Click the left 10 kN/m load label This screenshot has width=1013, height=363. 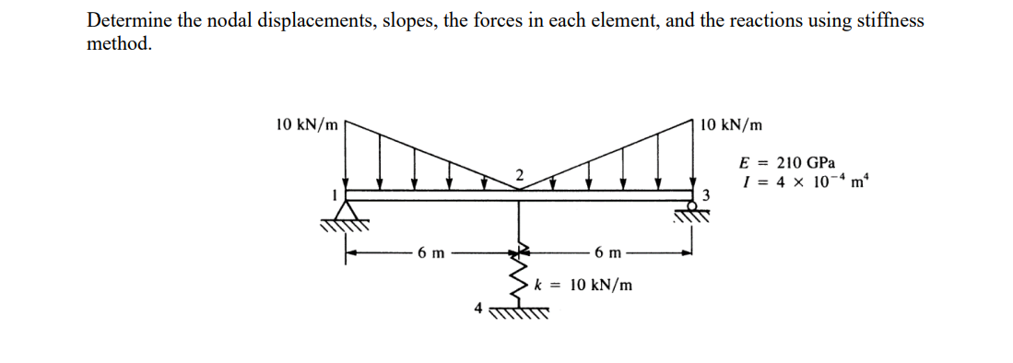click(307, 123)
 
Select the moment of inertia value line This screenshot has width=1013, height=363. click(799, 181)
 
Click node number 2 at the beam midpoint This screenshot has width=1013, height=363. click(519, 175)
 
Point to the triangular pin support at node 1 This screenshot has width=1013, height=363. click(346, 212)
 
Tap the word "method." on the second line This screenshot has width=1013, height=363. click(119, 44)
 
